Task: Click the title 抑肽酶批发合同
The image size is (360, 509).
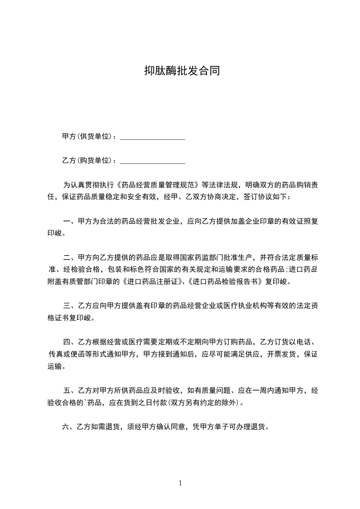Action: (x=182, y=71)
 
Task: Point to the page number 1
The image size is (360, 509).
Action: (x=180, y=483)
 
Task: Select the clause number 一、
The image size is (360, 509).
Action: (x=69, y=222)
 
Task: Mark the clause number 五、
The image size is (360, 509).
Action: (x=69, y=390)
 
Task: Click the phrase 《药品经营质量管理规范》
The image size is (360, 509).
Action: (x=158, y=186)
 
